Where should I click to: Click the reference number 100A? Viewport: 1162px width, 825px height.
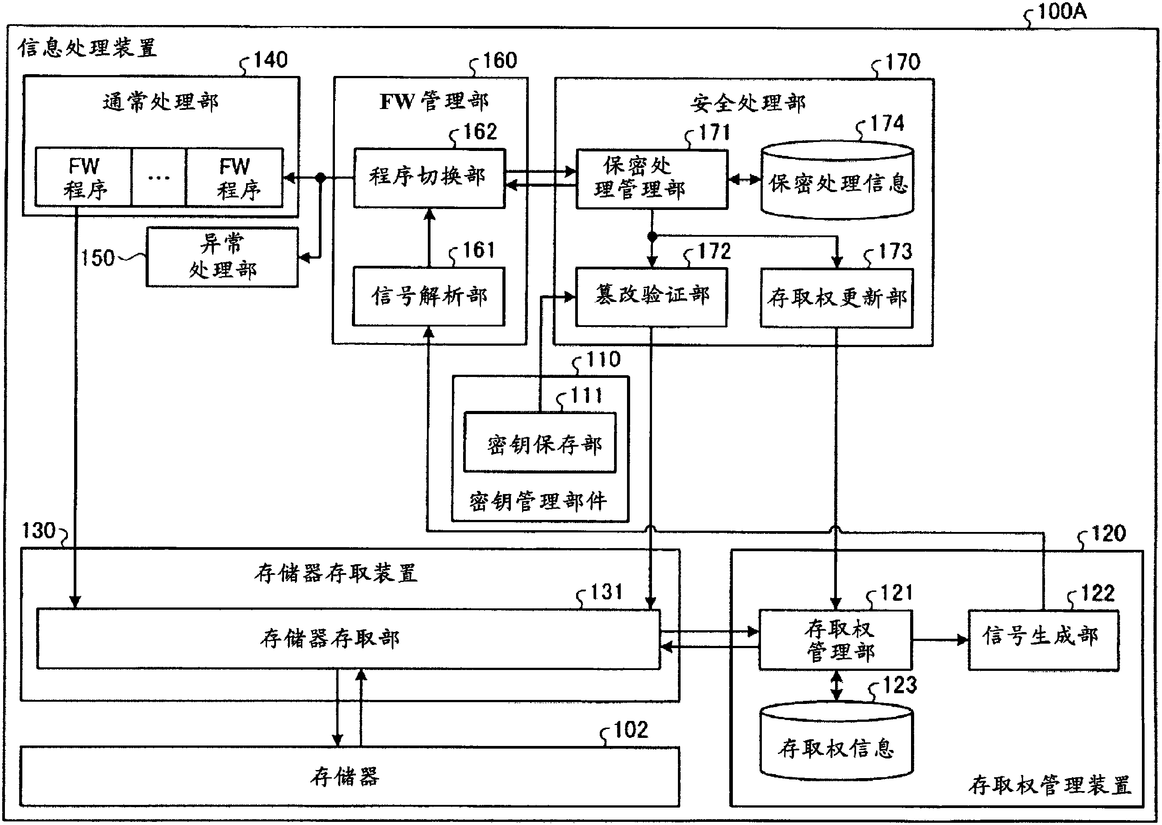tap(1062, 11)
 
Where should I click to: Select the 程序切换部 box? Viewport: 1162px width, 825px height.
tap(429, 178)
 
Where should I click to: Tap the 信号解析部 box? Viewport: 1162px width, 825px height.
tap(429, 296)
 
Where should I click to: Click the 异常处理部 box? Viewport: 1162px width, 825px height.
tap(222, 257)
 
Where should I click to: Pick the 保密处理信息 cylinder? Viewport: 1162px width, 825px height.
tap(837, 182)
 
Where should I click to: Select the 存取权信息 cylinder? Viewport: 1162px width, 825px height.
tap(836, 743)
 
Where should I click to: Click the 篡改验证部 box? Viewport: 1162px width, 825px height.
tap(651, 297)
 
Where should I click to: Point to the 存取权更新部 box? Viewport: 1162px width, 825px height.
tap(836, 297)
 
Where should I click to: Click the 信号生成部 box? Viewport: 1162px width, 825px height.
tap(1043, 640)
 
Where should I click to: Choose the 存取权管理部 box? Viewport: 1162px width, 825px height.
tap(836, 640)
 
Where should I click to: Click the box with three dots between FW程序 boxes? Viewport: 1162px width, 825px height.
tap(159, 177)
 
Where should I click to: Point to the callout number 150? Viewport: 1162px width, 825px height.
tap(97, 258)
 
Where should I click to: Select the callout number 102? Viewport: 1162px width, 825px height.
tap(631, 730)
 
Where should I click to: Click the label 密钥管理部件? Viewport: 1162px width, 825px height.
tap(538, 502)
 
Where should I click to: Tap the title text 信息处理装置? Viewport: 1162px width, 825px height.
tap(88, 48)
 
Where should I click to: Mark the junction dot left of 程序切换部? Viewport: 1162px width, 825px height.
tap(321, 177)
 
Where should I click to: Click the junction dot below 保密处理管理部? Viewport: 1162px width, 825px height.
tap(652, 236)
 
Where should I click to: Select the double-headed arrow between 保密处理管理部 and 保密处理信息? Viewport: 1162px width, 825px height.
tap(744, 179)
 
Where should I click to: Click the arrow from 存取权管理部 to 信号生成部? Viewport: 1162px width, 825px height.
tap(940, 640)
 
